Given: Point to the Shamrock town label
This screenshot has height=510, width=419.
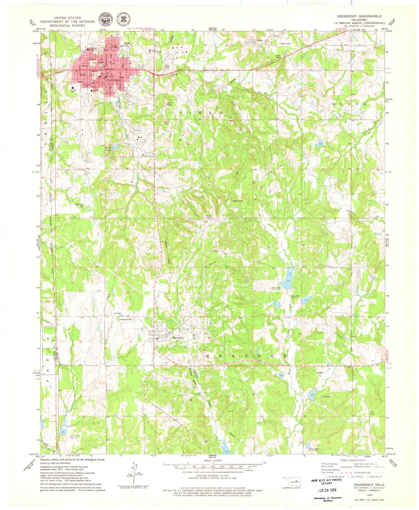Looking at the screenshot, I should (177, 338).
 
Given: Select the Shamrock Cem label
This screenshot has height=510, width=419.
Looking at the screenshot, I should (126, 319).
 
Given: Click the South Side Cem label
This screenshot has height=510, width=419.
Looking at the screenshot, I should (79, 205).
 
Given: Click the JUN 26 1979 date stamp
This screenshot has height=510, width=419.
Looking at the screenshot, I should (327, 490).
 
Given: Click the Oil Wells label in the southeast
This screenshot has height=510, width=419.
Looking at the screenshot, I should (326, 397).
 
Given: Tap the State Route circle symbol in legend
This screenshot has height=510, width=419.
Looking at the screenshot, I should (368, 476).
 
